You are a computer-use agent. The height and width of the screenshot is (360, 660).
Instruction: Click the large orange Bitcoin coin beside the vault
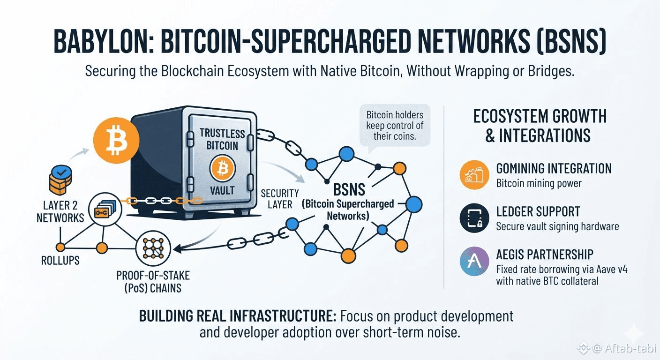pos(116,140)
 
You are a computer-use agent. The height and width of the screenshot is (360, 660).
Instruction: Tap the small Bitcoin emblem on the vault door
pos(223,168)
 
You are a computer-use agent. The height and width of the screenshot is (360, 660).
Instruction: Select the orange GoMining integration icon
pos(474,175)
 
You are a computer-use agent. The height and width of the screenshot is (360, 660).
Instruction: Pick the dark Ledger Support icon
pos(474,218)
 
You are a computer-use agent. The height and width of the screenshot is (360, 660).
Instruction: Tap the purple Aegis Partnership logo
pos(474,261)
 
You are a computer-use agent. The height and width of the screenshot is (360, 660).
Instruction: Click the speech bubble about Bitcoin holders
pos(395,126)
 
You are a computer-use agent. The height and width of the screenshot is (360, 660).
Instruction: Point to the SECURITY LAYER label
pos(280,199)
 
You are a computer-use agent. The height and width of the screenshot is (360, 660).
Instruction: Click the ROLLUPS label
pos(60,261)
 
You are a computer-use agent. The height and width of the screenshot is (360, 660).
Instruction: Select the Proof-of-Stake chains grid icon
pos(153,248)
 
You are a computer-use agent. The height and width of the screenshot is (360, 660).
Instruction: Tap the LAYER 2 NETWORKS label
pos(60,211)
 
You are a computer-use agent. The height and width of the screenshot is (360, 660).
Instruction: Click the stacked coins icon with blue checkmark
pos(60,180)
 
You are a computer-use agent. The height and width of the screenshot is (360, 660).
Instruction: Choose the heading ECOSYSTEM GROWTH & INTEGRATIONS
pos(540,126)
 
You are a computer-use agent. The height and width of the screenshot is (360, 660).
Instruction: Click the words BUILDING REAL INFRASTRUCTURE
pos(238,316)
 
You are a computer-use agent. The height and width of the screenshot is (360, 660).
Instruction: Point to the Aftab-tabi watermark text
pos(630,348)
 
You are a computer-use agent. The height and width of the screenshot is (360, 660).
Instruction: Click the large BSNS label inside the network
pos(349,189)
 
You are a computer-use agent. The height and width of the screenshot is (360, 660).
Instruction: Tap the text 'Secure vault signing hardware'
pos(557,226)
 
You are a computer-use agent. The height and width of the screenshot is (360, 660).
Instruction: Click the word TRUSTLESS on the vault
pos(222,134)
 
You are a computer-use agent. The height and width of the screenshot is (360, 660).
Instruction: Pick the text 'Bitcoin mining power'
pos(539,183)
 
